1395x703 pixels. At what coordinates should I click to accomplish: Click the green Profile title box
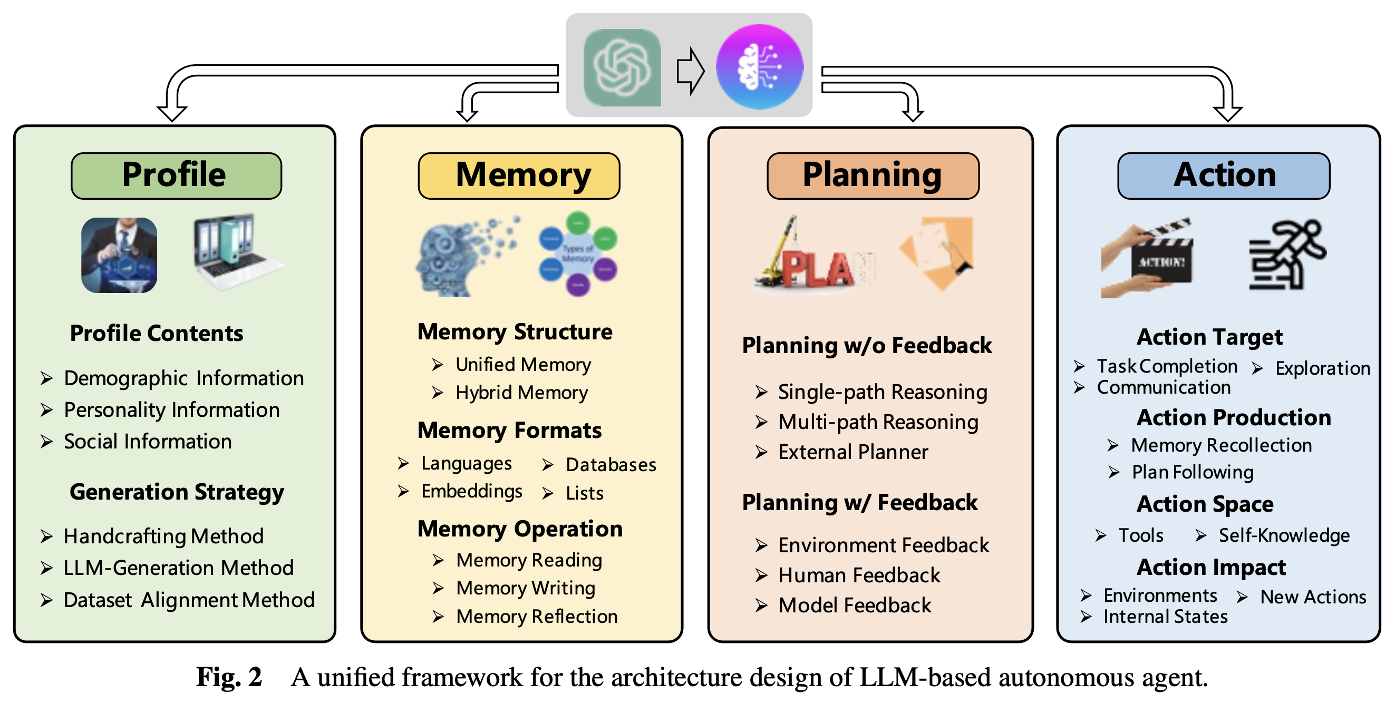click(x=176, y=176)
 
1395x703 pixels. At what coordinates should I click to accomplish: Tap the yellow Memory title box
click(x=519, y=176)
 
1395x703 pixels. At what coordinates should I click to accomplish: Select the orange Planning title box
click(x=873, y=176)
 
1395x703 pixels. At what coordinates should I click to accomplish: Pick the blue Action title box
click(x=1223, y=176)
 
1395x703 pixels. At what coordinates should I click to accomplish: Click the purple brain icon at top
click(x=759, y=67)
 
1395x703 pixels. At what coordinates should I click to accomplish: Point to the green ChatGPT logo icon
click(x=622, y=67)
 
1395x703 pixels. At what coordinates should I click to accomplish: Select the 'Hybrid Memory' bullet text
click(x=521, y=393)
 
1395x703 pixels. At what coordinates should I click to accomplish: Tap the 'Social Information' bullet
click(x=147, y=442)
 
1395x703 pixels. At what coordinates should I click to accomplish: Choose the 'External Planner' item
click(x=852, y=452)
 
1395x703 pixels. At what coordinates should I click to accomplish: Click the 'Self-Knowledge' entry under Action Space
click(x=1283, y=535)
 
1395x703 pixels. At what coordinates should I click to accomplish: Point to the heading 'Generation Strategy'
click(x=177, y=492)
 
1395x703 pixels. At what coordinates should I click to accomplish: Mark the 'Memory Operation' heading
click(x=520, y=529)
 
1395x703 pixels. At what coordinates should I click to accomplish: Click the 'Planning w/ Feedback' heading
click(x=859, y=502)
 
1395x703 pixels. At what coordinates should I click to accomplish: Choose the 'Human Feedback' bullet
click(x=859, y=575)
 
